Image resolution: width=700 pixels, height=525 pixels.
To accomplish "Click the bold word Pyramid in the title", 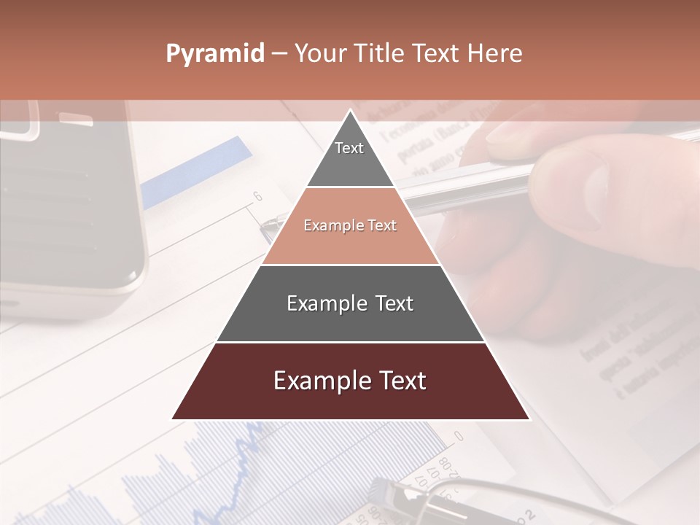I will [214, 54].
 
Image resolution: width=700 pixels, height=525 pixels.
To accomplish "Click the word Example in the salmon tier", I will [327, 226].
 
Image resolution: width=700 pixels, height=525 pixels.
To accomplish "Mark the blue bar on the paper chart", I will [197, 171].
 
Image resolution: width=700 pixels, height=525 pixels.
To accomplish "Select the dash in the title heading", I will [279, 54].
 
